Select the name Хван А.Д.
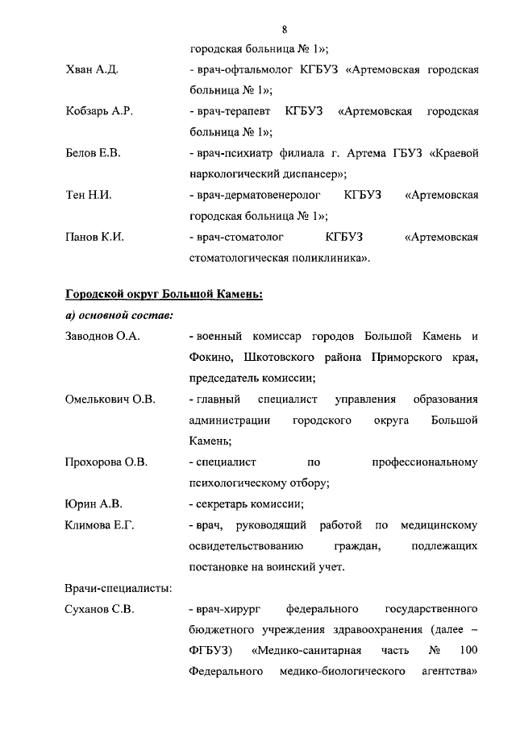click(92, 70)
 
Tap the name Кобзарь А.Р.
click(98, 111)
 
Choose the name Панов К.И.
click(94, 237)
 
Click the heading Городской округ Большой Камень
click(164, 294)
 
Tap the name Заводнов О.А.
click(102, 336)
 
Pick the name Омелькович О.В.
click(110, 399)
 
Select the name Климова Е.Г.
click(99, 525)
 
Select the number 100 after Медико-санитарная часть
click(467, 650)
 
